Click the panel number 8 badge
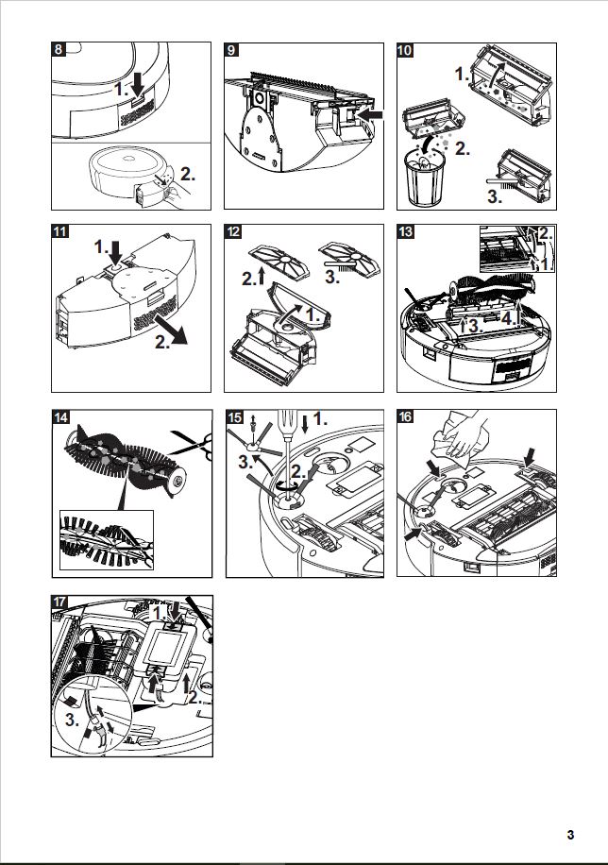(x=59, y=50)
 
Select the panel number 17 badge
(x=59, y=602)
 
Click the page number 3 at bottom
(x=570, y=835)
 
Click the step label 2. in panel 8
(x=188, y=175)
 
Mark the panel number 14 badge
(x=59, y=417)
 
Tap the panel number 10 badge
(x=406, y=50)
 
